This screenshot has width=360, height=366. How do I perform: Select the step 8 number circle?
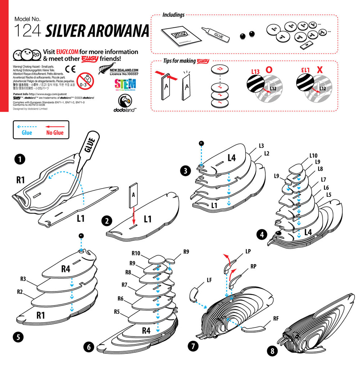[273, 350]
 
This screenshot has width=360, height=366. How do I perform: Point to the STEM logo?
[125, 85]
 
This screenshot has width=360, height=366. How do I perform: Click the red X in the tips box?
[319, 70]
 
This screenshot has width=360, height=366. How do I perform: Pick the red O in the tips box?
[269, 69]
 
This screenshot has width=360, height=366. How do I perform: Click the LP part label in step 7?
[248, 250]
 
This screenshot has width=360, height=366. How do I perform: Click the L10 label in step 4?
[313, 155]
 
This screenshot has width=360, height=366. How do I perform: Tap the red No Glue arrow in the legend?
[55, 127]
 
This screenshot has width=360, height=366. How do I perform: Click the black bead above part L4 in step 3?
[201, 143]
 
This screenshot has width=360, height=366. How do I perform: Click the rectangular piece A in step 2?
[133, 195]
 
